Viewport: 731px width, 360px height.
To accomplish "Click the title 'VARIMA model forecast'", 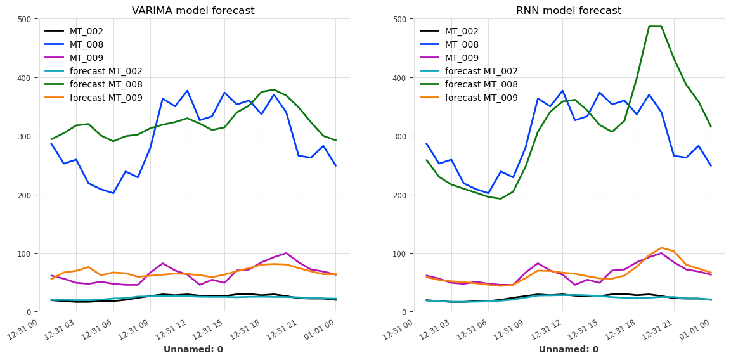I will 193,11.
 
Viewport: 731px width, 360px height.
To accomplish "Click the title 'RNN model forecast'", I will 568,11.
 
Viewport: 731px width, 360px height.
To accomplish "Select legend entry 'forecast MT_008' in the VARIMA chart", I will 106,84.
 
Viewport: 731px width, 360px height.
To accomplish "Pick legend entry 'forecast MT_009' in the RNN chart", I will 481,98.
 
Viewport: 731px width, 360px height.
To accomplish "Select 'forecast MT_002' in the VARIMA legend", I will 106,71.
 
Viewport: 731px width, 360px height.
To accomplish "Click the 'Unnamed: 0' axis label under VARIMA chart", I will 193,350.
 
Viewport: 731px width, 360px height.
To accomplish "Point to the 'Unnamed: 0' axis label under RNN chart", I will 568,350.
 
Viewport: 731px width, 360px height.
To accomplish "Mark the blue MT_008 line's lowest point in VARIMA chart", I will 113,193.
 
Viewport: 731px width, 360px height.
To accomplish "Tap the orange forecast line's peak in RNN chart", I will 661,248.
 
